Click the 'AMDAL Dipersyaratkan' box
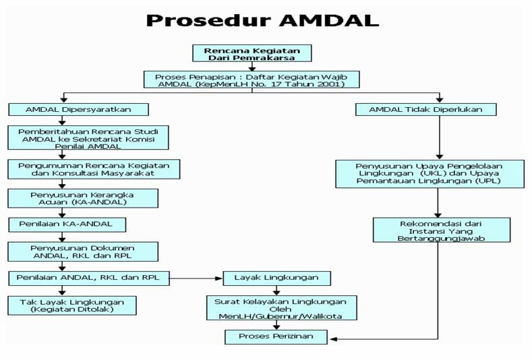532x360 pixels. [78, 109]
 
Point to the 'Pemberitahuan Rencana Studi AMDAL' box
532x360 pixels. [88, 138]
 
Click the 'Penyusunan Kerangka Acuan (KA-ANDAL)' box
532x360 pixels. [83, 198]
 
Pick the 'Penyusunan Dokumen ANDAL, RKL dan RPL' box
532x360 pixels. [84, 251]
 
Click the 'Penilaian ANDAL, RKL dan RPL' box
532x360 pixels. [88, 277]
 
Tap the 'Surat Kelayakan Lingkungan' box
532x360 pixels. [281, 308]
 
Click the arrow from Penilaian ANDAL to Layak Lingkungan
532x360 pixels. [195, 277]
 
